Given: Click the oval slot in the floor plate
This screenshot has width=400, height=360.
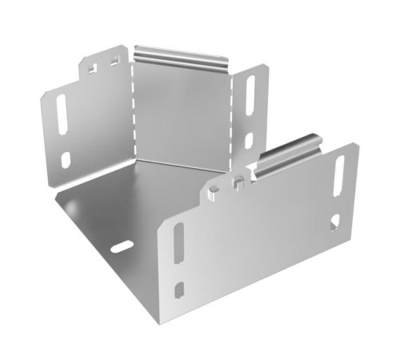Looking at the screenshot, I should coord(122,246).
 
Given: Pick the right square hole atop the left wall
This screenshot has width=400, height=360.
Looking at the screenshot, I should coord(114,62).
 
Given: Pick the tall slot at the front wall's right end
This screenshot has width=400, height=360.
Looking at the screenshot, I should coord(339,176).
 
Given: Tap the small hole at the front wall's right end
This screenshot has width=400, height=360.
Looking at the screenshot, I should coord(334,218).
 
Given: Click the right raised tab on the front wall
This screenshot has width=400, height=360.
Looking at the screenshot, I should coord(237,181).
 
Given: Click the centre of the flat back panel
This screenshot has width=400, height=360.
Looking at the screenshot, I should coord(182,112).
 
